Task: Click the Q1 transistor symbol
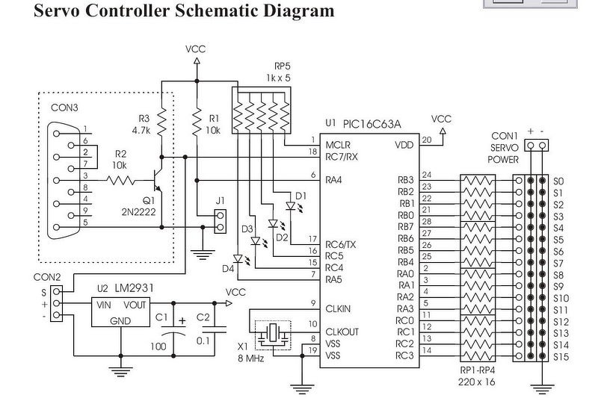[158, 180]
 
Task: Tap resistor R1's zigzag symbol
[197, 122]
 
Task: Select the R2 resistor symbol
[121, 180]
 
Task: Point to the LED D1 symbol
[291, 206]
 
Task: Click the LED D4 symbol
[238, 259]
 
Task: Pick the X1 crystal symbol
[273, 335]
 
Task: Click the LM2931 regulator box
[120, 312]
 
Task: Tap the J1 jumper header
[220, 221]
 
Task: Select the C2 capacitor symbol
[215, 329]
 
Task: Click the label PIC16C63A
[372, 124]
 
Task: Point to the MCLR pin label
[338, 145]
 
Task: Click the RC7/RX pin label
[342, 157]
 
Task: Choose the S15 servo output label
[561, 357]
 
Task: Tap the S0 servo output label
[558, 181]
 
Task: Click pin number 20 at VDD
[427, 140]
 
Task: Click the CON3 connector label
[64, 108]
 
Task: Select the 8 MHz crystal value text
[251, 358]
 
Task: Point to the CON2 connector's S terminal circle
[57, 291]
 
